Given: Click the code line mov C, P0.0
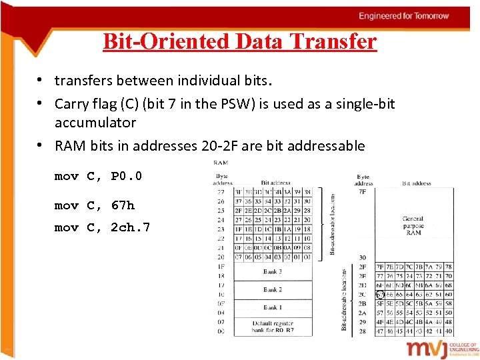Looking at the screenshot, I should (x=98, y=177).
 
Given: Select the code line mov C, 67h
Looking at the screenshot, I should (x=94, y=206).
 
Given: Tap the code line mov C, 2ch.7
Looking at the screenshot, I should (x=102, y=228).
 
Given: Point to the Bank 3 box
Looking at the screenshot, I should (x=272, y=272).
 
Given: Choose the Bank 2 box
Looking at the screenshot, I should (x=272, y=290).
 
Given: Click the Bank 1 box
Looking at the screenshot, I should (x=272, y=307).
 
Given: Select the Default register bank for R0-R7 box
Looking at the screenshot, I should (x=272, y=326).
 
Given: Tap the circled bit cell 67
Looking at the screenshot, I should (x=381, y=294).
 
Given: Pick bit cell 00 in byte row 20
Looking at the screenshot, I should (x=306, y=257).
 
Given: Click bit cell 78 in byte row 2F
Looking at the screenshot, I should (x=449, y=267).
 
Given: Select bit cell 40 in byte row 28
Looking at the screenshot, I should (x=449, y=331).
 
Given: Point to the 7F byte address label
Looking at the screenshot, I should (x=363, y=192).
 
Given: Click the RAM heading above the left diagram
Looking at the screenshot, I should (x=221, y=162).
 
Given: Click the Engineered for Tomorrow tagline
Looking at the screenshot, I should (x=403, y=16).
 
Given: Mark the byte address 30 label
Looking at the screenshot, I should (x=363, y=258).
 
